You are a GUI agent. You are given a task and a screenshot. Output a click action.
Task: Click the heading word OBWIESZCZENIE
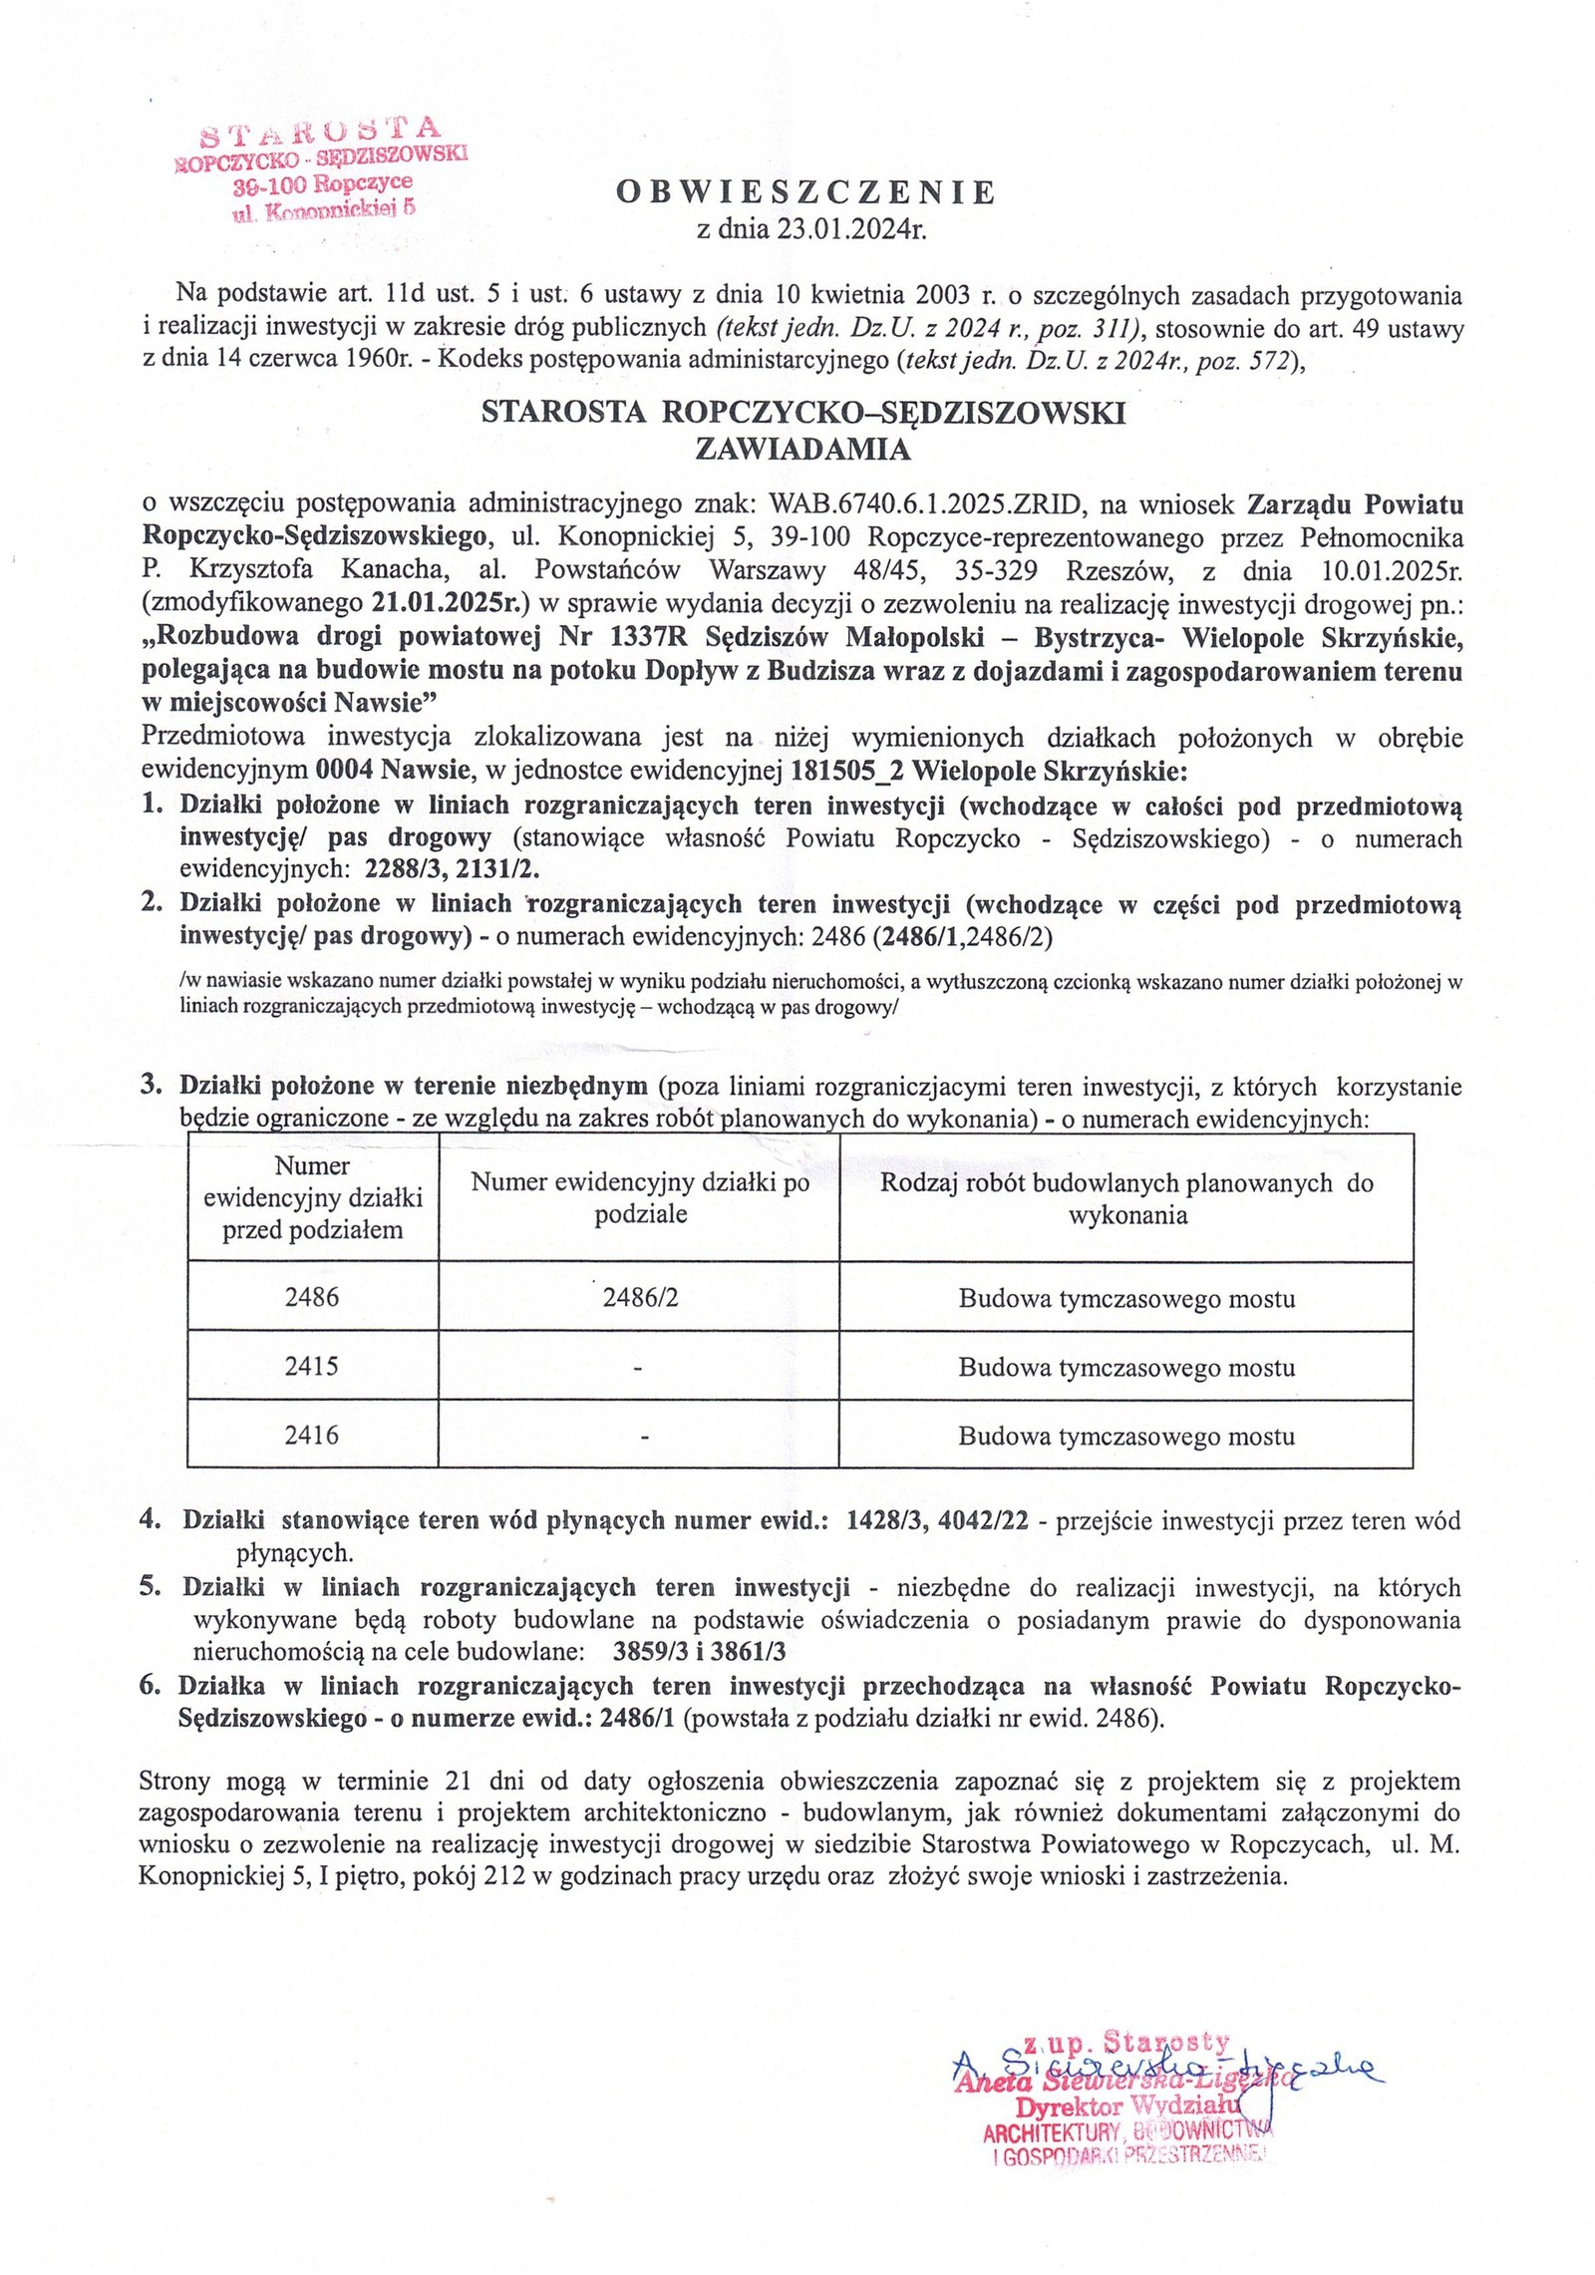pos(805,192)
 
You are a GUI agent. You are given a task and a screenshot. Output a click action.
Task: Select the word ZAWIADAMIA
pos(802,450)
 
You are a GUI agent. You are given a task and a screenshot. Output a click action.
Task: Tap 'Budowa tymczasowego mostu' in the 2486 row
pos(1126,1298)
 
